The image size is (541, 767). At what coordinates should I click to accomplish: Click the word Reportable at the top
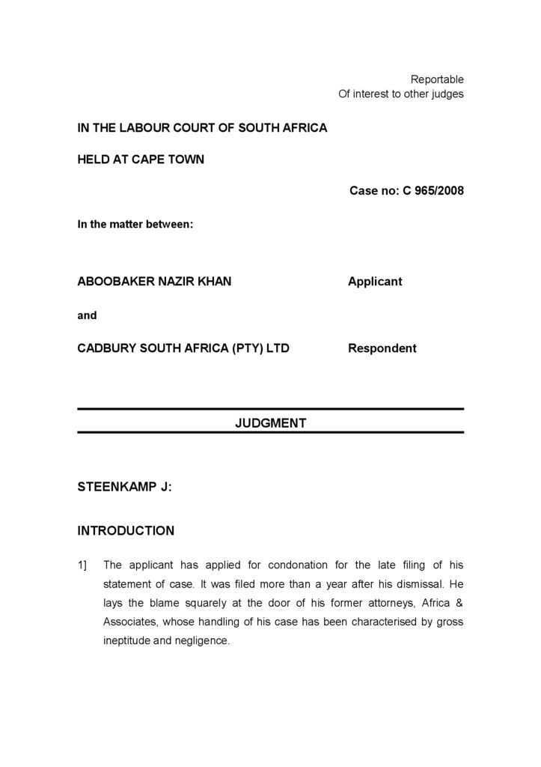pos(437,79)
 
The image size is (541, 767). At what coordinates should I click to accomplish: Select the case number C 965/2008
pos(433,190)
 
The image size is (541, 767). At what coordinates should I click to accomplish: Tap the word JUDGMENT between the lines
pos(270,423)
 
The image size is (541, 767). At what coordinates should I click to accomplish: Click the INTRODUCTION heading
pos(126,531)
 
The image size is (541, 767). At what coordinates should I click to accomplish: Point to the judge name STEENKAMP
pos(116,487)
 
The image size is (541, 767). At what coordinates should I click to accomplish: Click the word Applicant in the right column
pos(375,282)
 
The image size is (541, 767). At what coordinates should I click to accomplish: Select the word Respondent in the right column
pos(382,348)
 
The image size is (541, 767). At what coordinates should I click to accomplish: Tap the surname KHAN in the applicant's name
pos(215,282)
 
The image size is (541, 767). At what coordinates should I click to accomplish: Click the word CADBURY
pos(103,348)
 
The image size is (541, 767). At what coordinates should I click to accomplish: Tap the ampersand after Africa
pos(459,602)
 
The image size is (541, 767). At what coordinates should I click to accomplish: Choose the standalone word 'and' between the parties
pos(87,315)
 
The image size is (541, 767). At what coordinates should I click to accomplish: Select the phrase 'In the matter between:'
pos(135,223)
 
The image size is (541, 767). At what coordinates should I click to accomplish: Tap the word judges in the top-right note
pos(447,94)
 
